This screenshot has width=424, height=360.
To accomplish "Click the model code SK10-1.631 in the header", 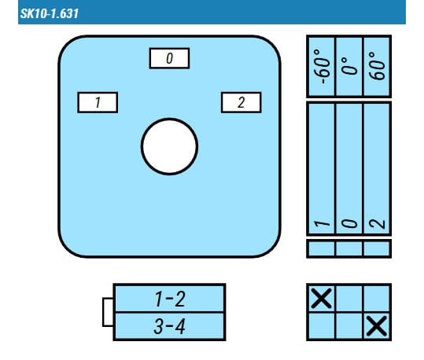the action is click(50, 13).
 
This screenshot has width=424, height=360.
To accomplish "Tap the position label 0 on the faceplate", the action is click(170, 58).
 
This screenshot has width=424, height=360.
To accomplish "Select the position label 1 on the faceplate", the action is click(98, 102).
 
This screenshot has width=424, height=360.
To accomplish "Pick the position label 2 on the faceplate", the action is click(241, 102).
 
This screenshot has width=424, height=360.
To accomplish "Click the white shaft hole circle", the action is click(170, 147).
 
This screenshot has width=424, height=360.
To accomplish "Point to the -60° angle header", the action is click(322, 67).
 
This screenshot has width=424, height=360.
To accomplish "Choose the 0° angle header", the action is click(349, 66).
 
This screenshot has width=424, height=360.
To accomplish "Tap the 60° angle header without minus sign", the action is click(377, 66).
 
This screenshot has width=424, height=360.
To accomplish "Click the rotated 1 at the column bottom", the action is click(322, 223).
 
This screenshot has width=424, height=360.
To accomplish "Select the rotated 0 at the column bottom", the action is click(349, 223).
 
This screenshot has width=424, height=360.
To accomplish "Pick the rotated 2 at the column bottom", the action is click(377, 224).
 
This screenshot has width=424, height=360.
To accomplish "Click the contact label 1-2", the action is click(170, 299).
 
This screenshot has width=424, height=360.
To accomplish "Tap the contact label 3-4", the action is click(170, 326).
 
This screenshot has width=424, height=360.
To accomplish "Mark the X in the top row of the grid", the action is click(322, 299).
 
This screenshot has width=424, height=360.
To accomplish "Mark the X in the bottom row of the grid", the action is click(377, 326).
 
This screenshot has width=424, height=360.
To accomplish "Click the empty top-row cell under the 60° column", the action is click(377, 299).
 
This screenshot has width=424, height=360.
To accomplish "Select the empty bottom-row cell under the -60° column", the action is click(322, 325).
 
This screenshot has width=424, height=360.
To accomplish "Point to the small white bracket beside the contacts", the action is click(108, 312).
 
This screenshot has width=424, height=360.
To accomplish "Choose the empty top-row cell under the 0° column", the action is click(349, 299).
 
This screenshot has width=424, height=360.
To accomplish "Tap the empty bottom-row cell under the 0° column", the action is click(349, 325).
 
